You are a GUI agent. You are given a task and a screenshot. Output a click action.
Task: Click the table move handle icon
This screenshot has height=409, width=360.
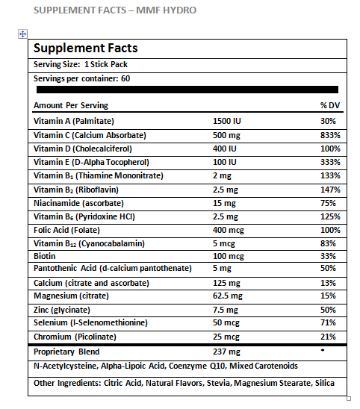(22, 34)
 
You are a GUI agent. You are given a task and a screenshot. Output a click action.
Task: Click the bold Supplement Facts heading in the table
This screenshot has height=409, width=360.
(86, 49)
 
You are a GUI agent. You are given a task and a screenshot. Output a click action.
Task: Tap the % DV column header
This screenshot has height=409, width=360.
(330, 105)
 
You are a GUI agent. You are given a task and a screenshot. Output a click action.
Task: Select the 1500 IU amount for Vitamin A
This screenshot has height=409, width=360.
(227, 121)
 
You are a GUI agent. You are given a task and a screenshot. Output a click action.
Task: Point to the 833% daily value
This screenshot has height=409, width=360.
(331, 135)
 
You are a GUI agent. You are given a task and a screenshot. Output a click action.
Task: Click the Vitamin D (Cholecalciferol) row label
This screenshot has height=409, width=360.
(83, 149)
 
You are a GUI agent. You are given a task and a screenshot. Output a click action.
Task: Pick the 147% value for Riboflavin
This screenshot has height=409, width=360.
(331, 190)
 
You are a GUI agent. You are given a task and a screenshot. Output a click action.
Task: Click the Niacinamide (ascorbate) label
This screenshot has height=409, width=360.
(78, 203)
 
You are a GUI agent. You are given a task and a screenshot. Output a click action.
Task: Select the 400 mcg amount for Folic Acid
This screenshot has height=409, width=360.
(229, 231)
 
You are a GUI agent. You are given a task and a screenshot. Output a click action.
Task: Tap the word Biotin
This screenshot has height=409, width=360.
(45, 256)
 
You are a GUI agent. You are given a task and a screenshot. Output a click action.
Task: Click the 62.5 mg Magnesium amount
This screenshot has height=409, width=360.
(228, 296)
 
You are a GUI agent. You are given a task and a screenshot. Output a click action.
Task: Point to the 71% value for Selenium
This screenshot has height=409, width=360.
(328, 322)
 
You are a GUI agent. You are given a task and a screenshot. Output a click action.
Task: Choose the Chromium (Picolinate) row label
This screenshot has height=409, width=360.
(75, 337)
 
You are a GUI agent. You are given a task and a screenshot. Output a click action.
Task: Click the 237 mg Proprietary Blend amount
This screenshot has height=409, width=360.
(226, 352)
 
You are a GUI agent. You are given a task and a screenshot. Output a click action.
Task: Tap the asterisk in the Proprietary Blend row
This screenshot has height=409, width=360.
(323, 350)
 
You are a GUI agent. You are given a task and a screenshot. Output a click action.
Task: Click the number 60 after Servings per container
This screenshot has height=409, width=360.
(125, 79)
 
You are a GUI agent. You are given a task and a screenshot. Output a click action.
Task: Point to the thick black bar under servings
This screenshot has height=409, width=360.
(187, 90)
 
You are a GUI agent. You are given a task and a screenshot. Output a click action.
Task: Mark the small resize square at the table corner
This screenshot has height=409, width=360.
(349, 399)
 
